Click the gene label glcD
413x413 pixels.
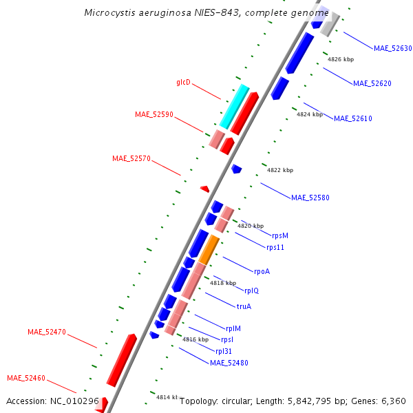(x=183, y=83)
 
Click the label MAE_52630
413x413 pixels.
(x=392, y=48)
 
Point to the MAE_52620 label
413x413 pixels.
(x=372, y=83)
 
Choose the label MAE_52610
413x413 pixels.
(x=352, y=118)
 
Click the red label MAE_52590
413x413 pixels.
(x=153, y=114)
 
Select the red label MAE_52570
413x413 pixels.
(x=131, y=158)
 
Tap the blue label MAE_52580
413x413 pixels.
(x=310, y=198)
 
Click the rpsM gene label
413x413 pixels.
(x=279, y=235)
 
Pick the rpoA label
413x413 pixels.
(x=262, y=271)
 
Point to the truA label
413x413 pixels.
(x=244, y=307)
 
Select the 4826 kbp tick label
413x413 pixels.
(x=340, y=59)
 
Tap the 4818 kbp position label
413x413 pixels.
(x=223, y=283)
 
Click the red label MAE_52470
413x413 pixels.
(x=46, y=332)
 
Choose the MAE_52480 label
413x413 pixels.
(x=229, y=363)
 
